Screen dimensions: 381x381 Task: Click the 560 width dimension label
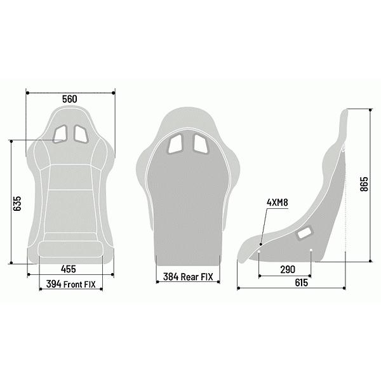(x=70, y=99)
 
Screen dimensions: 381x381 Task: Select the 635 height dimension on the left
(x=18, y=203)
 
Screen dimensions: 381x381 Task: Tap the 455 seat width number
(x=70, y=269)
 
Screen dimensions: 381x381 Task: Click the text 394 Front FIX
(x=71, y=285)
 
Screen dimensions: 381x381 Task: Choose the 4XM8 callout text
(x=277, y=203)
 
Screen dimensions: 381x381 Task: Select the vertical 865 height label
(x=364, y=184)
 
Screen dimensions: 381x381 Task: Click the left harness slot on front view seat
(x=62, y=133)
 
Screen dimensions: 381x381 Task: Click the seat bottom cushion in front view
(x=70, y=248)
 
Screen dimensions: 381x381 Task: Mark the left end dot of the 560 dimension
(x=27, y=93)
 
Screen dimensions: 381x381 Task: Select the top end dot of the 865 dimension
(x=370, y=108)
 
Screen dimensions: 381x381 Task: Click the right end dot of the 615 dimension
(x=346, y=289)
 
